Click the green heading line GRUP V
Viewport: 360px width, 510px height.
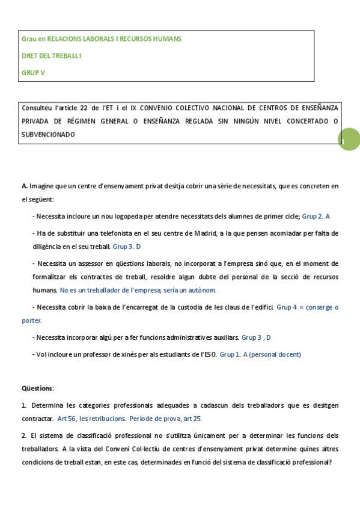33,72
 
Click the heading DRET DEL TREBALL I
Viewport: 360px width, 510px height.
51,55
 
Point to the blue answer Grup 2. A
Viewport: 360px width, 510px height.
316,216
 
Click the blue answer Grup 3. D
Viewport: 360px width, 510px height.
127,247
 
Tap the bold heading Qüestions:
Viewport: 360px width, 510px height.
38,388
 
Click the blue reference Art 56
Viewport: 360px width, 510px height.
66,418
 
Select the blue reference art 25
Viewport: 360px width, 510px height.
192,418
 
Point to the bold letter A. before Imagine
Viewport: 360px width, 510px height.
24,186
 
